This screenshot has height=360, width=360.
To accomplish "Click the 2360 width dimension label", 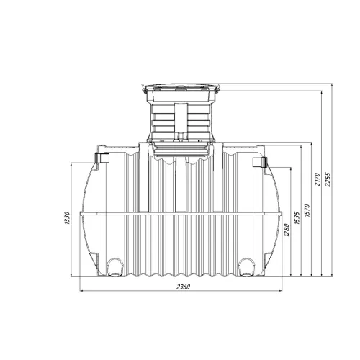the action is coord(183,287).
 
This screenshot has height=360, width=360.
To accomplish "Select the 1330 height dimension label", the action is coord(67,218).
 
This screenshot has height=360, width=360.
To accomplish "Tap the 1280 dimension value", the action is coord(287,230).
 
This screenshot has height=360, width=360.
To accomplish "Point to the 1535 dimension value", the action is coord(297,218).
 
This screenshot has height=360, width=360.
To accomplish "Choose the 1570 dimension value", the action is coord(307,210).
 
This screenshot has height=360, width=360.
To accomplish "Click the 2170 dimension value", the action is coord(318,179).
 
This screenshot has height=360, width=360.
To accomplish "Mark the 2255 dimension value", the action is coord(328,179).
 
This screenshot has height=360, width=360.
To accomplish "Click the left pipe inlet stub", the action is coord(102,157).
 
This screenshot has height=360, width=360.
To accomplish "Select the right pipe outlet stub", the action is coord(259,162).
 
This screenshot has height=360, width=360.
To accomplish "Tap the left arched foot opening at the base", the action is coord(114,267).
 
